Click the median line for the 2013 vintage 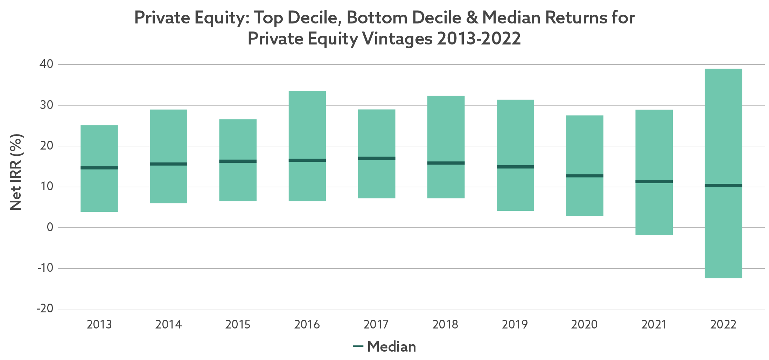[99, 168]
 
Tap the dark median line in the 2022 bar [723, 185]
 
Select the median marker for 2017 [376, 158]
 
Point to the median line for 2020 [585, 176]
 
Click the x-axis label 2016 [307, 325]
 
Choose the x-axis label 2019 [515, 325]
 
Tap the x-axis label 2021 [653, 325]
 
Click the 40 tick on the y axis [46, 64]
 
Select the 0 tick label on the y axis [50, 227]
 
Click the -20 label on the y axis [45, 309]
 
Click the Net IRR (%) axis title [16, 172]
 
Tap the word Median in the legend [392, 347]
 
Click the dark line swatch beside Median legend [358, 347]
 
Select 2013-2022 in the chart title [478, 39]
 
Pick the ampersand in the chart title [472, 18]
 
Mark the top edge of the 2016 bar [307, 91]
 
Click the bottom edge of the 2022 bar [723, 278]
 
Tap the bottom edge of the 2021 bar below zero [654, 235]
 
